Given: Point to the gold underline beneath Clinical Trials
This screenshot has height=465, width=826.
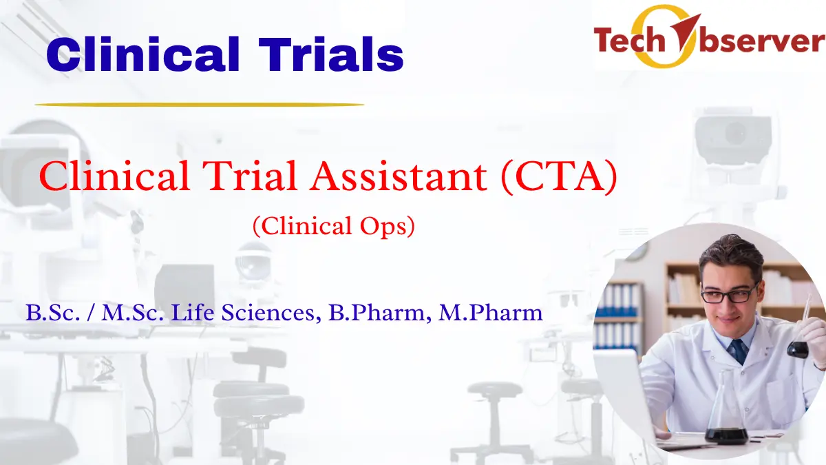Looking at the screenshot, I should click(199, 105).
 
